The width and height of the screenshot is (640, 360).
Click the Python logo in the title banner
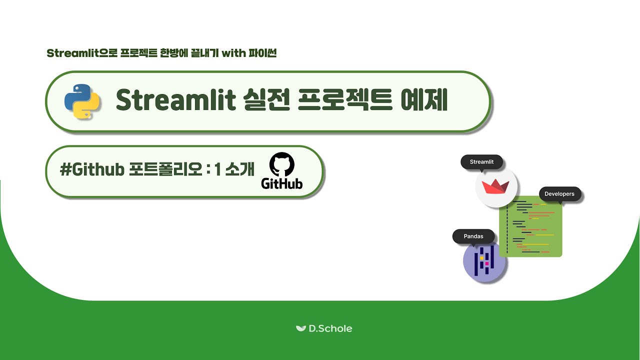tap(82, 101)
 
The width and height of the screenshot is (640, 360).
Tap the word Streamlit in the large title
tap(175, 101)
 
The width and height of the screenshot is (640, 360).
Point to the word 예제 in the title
tap(423, 101)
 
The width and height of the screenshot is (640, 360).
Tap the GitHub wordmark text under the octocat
tap(282, 183)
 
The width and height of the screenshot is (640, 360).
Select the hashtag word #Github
tap(92, 170)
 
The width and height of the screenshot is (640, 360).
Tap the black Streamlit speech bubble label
tap(481, 162)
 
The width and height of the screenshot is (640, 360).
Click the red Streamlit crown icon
tap(495, 187)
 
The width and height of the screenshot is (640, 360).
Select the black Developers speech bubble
tap(559, 194)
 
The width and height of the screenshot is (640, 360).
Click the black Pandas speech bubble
tap(473, 236)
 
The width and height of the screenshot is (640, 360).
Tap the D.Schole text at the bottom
tap(330, 328)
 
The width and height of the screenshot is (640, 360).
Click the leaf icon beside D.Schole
tap(300, 328)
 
